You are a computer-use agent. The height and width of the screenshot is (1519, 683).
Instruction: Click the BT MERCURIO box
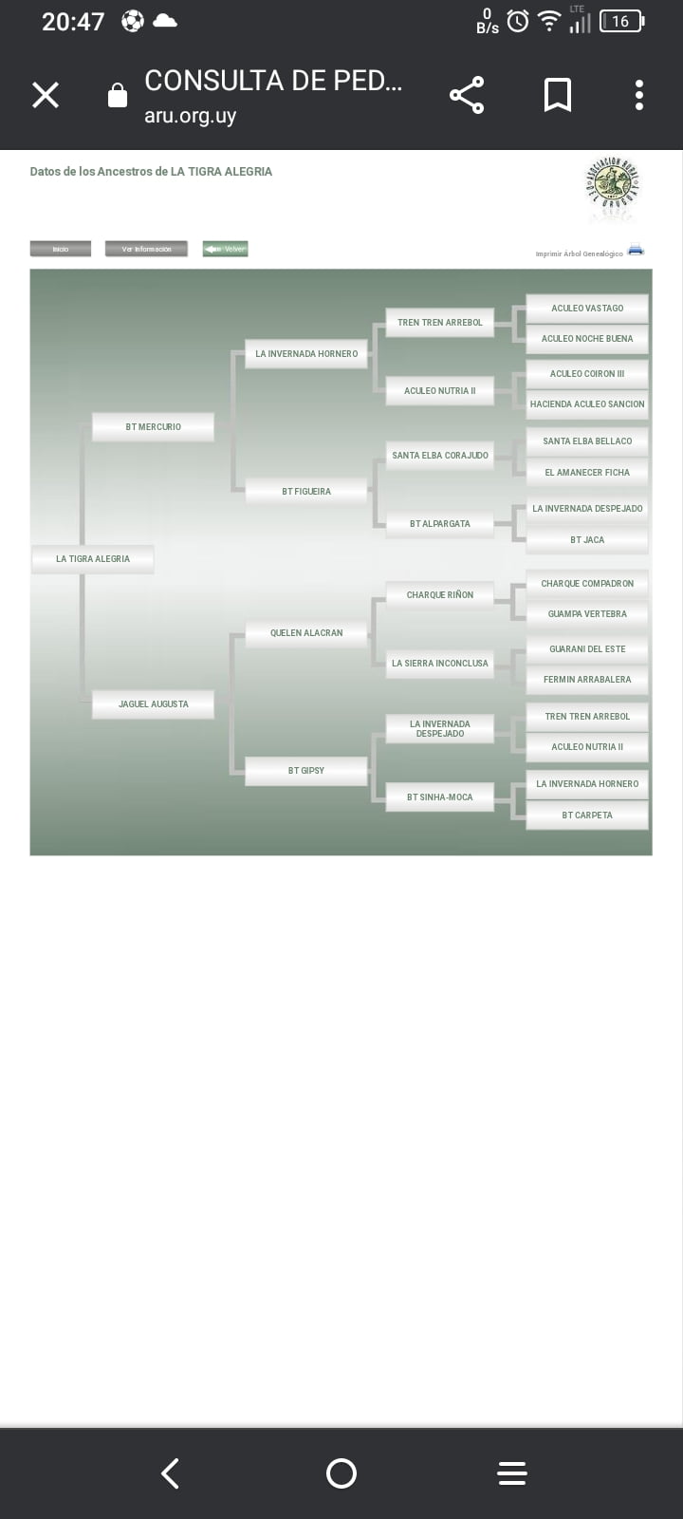click(x=153, y=427)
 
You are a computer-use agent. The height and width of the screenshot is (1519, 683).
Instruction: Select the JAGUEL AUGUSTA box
click(x=153, y=704)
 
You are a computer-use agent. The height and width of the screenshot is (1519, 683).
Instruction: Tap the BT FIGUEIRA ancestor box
click(x=305, y=492)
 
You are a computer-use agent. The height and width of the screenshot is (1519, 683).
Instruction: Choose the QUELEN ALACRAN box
click(x=305, y=633)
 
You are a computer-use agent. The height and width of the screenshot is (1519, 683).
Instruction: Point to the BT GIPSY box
click(x=305, y=771)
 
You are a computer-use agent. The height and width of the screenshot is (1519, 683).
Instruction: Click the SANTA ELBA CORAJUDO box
click(x=440, y=456)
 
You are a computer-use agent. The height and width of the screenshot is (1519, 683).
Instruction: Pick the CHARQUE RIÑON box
click(x=440, y=595)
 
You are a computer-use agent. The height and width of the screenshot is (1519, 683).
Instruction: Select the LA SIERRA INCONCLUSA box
click(x=440, y=664)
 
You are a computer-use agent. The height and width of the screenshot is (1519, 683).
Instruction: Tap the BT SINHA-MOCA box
click(x=440, y=797)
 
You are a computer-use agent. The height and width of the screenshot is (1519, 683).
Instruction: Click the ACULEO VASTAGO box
click(x=587, y=309)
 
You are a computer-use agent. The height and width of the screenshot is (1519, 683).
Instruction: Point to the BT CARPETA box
click(x=587, y=816)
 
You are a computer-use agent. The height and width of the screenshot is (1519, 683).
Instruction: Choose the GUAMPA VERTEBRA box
click(x=587, y=614)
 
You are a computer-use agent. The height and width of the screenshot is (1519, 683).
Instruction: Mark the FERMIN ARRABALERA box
click(x=587, y=680)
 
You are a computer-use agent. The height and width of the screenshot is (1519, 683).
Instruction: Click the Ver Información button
click(x=146, y=250)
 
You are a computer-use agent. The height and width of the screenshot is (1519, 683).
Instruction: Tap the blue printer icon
click(x=636, y=251)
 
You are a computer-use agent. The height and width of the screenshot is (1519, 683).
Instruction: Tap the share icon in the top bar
click(x=466, y=95)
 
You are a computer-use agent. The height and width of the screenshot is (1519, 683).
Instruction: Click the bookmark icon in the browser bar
click(x=557, y=95)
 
